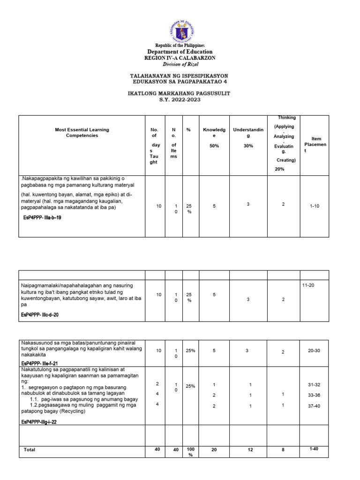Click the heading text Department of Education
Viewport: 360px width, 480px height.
[180, 52]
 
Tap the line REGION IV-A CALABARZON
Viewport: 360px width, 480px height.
[180, 58]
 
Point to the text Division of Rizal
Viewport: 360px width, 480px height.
[180, 64]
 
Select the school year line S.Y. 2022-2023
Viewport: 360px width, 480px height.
[180, 100]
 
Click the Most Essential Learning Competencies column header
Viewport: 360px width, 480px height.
[82, 132]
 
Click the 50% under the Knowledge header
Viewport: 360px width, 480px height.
[214, 146]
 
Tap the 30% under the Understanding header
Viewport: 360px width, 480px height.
[248, 146]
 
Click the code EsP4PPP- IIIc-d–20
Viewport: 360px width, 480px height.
[40, 315]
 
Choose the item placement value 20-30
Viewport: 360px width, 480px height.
[314, 351]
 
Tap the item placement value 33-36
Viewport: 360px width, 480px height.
[314, 395]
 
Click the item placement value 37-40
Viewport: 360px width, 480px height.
[314, 406]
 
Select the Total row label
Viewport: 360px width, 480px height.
[30, 450]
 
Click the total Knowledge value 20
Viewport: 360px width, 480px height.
[214, 450]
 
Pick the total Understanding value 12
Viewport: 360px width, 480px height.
[250, 450]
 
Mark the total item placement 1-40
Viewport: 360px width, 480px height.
[314, 449]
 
